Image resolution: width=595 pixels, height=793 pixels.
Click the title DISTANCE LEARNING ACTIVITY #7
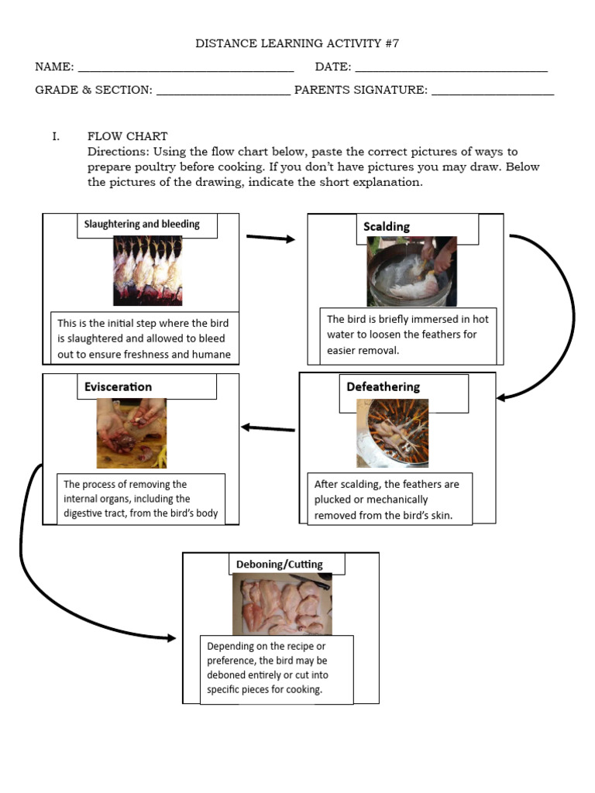click(297, 43)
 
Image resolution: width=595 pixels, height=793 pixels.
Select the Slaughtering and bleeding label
click(142, 225)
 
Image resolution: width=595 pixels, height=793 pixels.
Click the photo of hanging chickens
click(147, 270)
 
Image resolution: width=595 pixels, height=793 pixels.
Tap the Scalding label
click(387, 226)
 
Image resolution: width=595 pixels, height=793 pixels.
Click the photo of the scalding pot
click(411, 272)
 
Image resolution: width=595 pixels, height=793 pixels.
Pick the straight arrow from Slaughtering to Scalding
click(270, 239)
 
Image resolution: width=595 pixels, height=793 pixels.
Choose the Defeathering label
click(383, 386)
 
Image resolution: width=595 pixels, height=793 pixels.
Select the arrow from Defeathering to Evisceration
click(268, 428)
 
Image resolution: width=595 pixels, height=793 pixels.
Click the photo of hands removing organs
click(131, 433)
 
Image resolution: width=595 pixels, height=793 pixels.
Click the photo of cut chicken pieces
click(282, 605)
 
